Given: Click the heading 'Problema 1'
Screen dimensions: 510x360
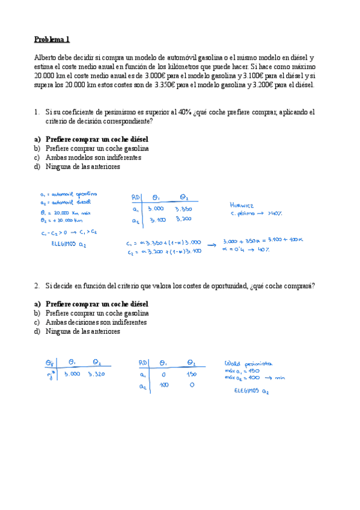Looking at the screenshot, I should coord(52,40).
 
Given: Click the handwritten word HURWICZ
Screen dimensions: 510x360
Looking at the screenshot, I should coord(243,205).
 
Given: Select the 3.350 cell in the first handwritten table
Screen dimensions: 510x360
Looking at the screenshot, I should coord(183,209).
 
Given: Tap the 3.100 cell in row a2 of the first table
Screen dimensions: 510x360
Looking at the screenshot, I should coord(157,220).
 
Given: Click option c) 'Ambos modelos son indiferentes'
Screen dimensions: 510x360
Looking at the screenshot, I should coord(93,158).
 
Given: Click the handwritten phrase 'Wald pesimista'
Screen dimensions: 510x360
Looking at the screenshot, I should coord(248,363).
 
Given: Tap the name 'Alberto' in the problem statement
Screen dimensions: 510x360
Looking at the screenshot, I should coord(46,57).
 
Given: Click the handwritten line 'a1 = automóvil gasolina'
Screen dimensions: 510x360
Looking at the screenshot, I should coord(67,195).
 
